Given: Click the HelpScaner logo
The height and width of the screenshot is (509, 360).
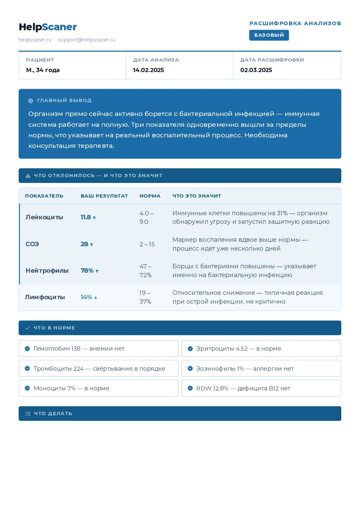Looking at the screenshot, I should tap(48, 27).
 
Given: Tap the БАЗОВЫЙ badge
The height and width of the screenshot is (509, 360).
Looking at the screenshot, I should tap(269, 35).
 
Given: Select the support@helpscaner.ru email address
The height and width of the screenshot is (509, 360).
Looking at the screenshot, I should tap(86, 40).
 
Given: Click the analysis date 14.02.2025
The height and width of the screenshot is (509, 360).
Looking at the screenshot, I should tap(148, 70).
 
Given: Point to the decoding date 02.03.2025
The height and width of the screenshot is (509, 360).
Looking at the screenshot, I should tap(256, 70).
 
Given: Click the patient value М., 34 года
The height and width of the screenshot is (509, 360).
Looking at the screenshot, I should tap(43, 70).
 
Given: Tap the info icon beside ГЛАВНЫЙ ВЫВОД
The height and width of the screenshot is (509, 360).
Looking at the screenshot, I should tap(31, 101).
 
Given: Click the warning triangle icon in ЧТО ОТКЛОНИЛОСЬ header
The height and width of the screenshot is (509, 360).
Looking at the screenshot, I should tap(28, 176).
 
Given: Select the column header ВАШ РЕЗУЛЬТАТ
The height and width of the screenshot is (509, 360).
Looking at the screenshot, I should tap(104, 196).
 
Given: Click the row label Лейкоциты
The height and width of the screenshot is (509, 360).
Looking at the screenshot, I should tap(44, 217).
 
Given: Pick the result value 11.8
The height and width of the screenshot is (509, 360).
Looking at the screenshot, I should tap(86, 217).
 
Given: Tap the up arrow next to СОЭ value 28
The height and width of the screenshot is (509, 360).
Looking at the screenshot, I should tap(92, 244).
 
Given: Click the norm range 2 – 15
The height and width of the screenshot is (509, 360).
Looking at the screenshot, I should tap(147, 244).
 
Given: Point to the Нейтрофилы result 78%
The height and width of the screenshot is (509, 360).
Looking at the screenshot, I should tap(87, 271).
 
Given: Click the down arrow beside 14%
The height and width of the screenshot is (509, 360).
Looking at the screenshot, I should tap(96, 298).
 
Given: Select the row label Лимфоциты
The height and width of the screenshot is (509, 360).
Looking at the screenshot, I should tap(45, 297).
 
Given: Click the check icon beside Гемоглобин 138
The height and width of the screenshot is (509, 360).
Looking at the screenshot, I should tap(27, 349).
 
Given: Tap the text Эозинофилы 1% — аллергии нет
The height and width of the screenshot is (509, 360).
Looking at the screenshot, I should tap(245, 369).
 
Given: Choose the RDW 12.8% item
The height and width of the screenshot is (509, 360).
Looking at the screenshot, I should tap(243, 388).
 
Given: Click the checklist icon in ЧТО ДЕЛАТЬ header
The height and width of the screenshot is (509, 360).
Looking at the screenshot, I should tap(28, 414).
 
